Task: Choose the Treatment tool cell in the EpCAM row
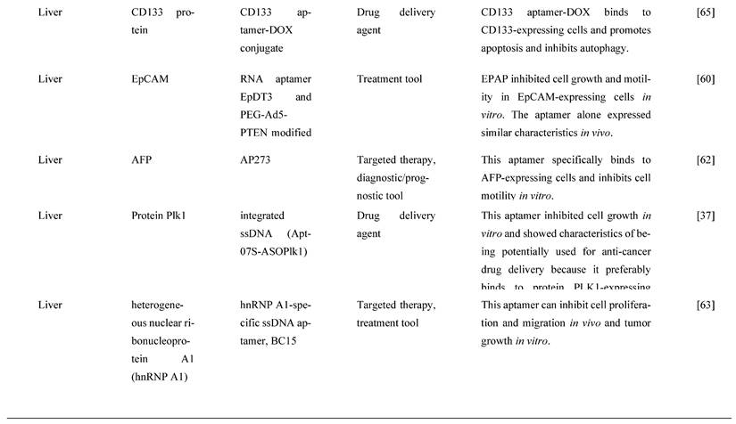tap(389, 79)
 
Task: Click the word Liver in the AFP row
tap(50, 160)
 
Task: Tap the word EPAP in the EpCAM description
tap(495, 79)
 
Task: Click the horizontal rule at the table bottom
tap(368, 418)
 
